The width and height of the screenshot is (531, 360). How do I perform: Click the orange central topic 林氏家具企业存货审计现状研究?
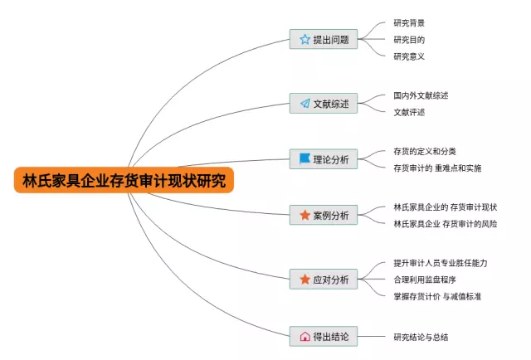(124, 180)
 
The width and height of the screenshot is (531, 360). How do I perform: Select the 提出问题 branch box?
(324, 39)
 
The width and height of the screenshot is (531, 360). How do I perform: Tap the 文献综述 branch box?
(324, 104)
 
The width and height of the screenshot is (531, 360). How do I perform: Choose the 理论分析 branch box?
(324, 158)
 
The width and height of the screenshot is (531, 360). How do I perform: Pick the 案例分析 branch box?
(324, 215)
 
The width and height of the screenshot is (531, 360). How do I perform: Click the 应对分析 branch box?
(324, 279)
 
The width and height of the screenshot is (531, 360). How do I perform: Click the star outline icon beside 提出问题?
(304, 39)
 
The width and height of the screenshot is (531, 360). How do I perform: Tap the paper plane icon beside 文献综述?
(304, 104)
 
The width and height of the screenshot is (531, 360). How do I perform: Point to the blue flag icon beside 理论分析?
(304, 158)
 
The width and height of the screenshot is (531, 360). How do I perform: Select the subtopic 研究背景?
(409, 23)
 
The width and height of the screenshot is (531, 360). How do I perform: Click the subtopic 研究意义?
(409, 56)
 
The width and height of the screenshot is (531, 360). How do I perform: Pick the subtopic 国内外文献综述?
(421, 95)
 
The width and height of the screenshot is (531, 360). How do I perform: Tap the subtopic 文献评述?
(409, 112)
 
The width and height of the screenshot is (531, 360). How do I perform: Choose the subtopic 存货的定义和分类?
(424, 151)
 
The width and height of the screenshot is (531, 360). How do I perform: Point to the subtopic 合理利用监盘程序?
(424, 280)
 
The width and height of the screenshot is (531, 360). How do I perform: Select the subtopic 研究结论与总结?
(426, 337)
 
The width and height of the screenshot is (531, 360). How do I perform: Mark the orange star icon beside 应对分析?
(304, 279)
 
